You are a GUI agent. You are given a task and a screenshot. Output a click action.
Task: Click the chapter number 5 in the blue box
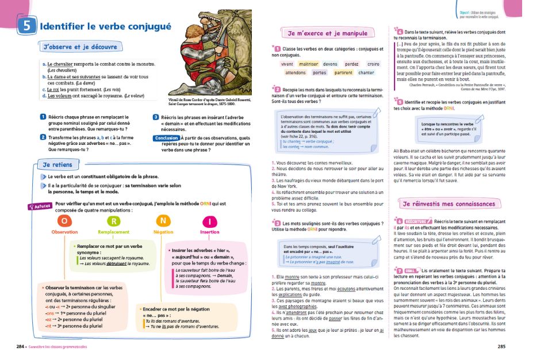point(28,26)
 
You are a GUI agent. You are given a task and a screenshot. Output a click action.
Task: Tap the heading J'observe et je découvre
point(80,47)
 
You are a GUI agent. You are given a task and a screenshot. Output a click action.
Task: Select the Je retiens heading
point(59,164)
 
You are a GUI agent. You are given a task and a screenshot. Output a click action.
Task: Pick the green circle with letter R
point(114,221)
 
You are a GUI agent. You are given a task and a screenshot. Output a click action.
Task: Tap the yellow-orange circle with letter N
point(163,221)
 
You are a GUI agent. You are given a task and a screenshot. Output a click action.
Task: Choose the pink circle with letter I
point(209,221)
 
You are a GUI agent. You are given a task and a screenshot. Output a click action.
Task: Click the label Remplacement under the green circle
point(114,232)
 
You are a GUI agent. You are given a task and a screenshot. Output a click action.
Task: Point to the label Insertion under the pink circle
point(209,232)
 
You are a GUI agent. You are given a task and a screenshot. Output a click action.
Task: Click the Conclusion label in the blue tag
point(166,138)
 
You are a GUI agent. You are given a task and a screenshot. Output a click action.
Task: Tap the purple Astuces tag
point(40,205)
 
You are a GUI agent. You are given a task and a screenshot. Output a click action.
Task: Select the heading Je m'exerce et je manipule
point(327,33)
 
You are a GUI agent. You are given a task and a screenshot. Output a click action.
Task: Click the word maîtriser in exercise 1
point(309,64)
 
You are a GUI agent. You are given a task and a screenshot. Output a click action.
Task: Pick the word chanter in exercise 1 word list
point(366,73)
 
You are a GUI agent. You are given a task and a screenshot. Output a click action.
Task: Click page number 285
point(501,347)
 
